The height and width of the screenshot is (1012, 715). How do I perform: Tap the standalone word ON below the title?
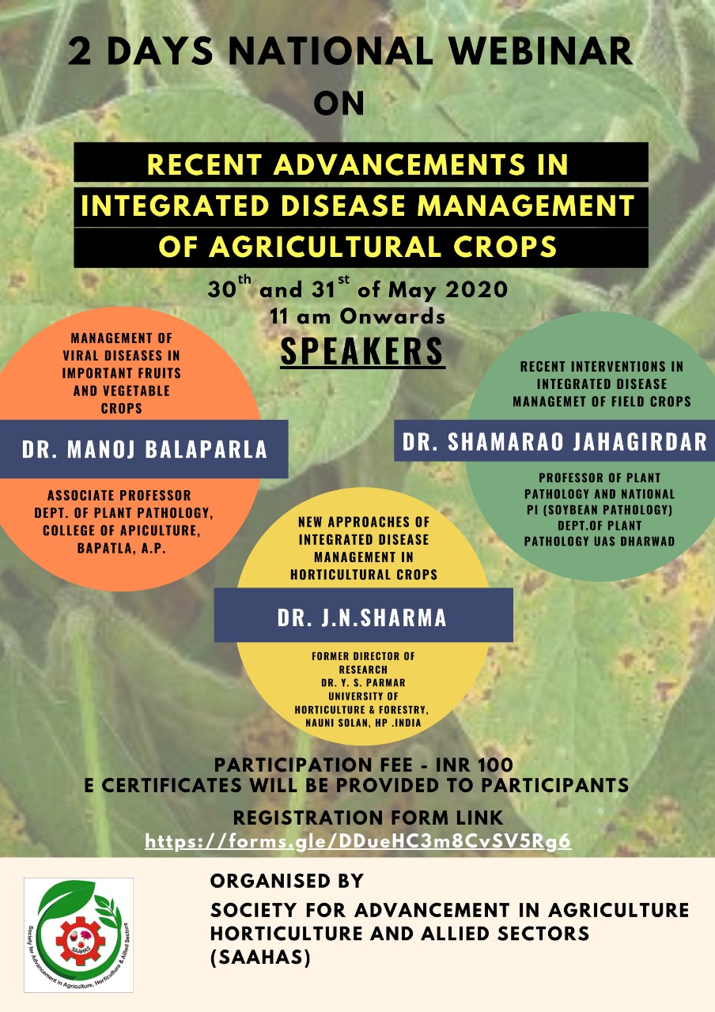[x=339, y=104]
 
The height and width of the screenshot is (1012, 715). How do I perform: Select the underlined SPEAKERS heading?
[x=362, y=351]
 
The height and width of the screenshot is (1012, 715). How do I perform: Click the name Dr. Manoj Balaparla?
[x=144, y=449]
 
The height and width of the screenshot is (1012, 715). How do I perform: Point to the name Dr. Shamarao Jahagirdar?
[x=554, y=441]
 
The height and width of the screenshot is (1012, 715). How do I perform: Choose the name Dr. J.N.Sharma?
[x=362, y=617]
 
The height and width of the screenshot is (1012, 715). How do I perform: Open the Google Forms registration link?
[x=358, y=840]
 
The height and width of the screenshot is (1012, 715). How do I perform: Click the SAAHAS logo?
[x=78, y=935]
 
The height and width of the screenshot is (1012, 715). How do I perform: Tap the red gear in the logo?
[x=81, y=941]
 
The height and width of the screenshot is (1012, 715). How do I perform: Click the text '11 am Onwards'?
[x=357, y=316]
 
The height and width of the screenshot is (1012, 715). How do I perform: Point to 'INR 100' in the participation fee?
[x=475, y=765]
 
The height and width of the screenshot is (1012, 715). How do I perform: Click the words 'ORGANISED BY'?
[x=287, y=881]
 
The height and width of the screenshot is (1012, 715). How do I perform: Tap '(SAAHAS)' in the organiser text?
[x=260, y=957]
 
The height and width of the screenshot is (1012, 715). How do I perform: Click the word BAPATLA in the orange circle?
[x=102, y=548]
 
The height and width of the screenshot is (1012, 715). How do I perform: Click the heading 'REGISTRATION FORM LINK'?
[x=368, y=818]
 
